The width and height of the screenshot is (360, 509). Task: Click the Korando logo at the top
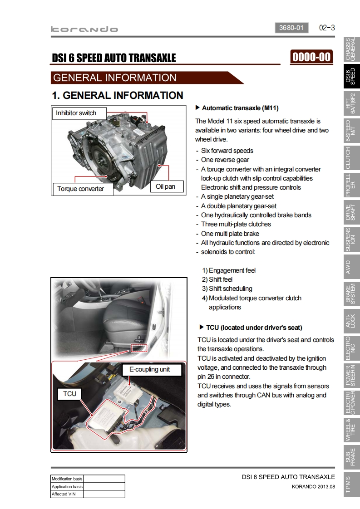[x=84, y=29]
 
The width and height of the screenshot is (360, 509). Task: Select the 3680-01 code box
[x=291, y=28]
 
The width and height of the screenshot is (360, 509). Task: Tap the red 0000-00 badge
[x=311, y=57]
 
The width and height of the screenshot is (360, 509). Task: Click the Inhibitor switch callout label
[x=76, y=113]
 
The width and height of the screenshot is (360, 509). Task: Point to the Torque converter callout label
[x=81, y=189]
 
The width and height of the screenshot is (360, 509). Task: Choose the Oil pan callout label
[x=165, y=186]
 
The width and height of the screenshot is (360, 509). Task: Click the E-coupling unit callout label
[x=149, y=370]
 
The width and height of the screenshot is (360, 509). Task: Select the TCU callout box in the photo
[x=70, y=394]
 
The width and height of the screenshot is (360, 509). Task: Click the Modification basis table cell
[x=67, y=479]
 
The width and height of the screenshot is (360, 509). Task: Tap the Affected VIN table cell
[x=67, y=494]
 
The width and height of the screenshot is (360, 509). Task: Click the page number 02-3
[x=327, y=28]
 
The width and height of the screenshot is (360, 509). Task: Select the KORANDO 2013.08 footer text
[x=313, y=487]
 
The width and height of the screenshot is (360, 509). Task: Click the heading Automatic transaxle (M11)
[x=240, y=108]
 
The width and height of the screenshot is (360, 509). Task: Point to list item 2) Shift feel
[x=217, y=279]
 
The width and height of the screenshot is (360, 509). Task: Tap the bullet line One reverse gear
[x=225, y=160]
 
